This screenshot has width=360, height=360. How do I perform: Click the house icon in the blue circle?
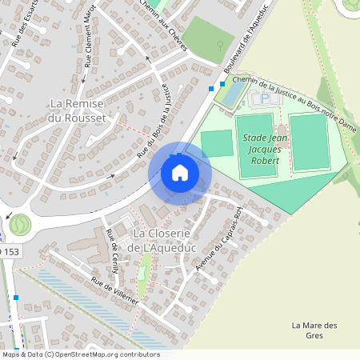pyautogui.click(x=180, y=172)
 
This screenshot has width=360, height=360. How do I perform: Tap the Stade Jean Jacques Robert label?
pyautogui.click(x=260, y=149)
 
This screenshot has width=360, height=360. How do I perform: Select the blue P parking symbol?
pyautogui.click(x=265, y=100)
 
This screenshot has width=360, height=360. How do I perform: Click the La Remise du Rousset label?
pyautogui.click(x=78, y=111)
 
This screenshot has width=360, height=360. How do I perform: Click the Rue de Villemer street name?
pyautogui.click(x=114, y=292)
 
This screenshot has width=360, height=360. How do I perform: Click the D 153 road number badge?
pyautogui.click(x=10, y=252)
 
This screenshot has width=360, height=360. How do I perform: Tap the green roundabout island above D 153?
pyautogui.click(x=19, y=223)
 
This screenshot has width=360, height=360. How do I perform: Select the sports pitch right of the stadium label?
pyautogui.click(x=308, y=142)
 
